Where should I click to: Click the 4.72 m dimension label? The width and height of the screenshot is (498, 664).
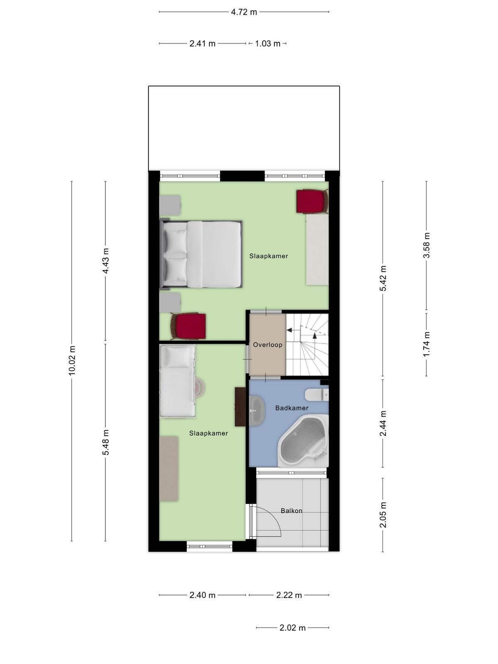pos(244,12)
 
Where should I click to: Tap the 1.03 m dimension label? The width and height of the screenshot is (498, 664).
pos(268,44)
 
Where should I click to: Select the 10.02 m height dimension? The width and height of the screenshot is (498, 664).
pos(72,361)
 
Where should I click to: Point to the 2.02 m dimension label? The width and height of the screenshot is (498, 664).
pos(293,628)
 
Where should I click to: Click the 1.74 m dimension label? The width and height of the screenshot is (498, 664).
pos(426,344)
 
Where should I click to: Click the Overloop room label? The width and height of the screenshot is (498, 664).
pos(268,344)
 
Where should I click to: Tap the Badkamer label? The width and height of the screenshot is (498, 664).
pos(292,408)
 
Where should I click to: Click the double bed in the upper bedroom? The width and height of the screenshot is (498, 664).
pos(201,254)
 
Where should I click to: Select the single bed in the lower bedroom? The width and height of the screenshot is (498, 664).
pos(178,381)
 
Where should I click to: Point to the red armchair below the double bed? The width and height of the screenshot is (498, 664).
pos(188,326)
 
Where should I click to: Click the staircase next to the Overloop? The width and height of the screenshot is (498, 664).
pos(307,344)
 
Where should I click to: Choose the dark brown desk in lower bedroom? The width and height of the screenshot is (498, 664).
pos(240,407)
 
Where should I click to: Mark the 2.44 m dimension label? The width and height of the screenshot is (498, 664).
pos(383,423)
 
